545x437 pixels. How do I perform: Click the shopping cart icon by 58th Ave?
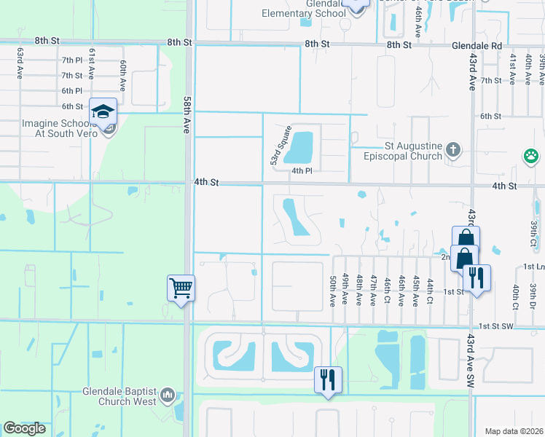click(181, 287)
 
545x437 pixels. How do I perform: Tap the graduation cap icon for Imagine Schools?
click(103, 112)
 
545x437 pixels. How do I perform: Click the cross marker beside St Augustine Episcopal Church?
click(453, 150)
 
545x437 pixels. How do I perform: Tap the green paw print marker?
click(530, 156)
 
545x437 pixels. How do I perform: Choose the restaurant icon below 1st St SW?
click(328, 379)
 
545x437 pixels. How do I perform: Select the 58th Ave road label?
click(187, 115)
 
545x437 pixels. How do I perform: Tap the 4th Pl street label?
click(302, 170)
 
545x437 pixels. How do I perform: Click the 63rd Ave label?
click(20, 62)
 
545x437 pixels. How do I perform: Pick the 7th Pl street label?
click(72, 60)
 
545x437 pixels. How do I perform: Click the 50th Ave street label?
click(333, 289)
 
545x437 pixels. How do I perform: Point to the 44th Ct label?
click(430, 290)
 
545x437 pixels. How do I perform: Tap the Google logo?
click(25, 428)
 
